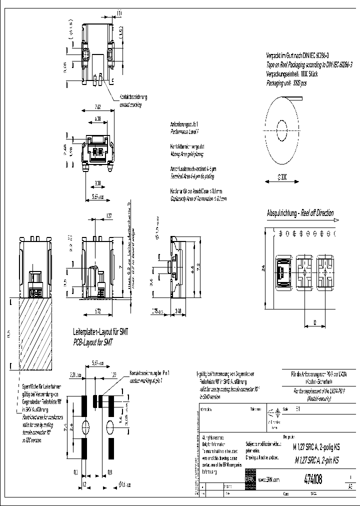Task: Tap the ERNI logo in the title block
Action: coord(249,479)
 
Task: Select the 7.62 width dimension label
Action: coord(98,106)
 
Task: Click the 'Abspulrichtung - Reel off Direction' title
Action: coord(300,213)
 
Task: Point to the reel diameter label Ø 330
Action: coord(281,177)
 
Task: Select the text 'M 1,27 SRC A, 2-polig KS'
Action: coord(317,449)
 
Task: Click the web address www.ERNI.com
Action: coord(268,480)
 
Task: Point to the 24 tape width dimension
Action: coord(262,268)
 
